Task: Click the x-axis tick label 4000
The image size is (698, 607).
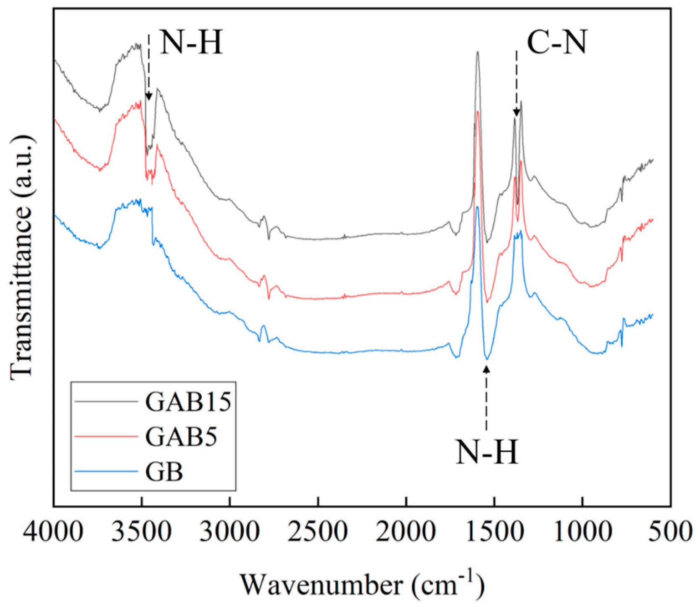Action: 54,532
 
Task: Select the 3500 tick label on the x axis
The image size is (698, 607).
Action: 142,532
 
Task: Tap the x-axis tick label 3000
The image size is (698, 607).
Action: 230,532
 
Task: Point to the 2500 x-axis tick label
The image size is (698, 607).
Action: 318,532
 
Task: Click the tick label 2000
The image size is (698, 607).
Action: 406,532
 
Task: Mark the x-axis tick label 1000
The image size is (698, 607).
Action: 582,532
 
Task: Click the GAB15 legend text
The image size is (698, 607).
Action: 188,402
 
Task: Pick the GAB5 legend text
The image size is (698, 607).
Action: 181,437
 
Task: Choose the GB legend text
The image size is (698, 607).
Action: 164,472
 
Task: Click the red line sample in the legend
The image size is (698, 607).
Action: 106,437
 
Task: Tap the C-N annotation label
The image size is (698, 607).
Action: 556,43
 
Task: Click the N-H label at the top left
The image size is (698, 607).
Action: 191,42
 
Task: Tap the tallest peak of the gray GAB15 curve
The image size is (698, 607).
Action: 477,53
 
